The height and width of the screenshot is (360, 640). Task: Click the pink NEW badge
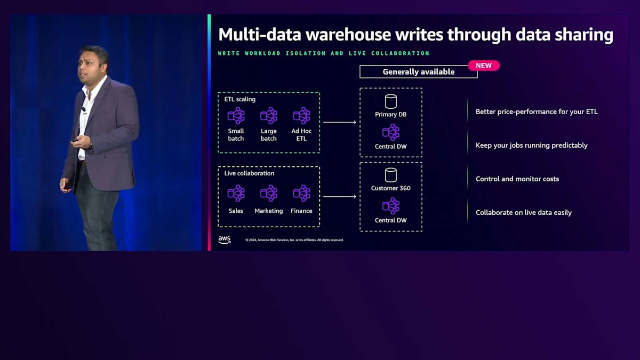[x=484, y=66]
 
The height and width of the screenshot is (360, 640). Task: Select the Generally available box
[x=418, y=72]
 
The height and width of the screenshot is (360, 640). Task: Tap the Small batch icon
[x=236, y=116]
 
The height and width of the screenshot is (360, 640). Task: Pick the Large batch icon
[x=269, y=116]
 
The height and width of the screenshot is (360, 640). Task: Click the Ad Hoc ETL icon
[x=301, y=116]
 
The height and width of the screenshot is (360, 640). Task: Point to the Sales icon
[x=236, y=194]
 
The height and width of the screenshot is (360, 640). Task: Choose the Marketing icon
[x=269, y=194]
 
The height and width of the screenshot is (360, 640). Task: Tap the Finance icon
[x=301, y=194]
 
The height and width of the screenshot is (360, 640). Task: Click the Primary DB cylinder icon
[x=391, y=101]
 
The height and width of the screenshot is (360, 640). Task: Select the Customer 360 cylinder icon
[x=391, y=175]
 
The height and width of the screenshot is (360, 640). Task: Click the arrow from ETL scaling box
[x=340, y=123]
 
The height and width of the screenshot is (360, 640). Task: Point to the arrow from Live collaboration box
[x=340, y=197]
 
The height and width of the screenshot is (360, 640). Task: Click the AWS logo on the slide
[x=225, y=240]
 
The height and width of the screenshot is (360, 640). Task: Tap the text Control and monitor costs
[x=517, y=179]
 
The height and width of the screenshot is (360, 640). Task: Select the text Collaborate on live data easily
[x=524, y=213]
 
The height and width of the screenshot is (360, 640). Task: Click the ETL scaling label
[x=240, y=99]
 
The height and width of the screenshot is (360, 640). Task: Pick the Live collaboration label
[x=250, y=173]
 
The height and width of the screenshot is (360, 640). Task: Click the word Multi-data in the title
[x=255, y=35]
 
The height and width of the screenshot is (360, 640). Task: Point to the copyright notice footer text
[x=294, y=240]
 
